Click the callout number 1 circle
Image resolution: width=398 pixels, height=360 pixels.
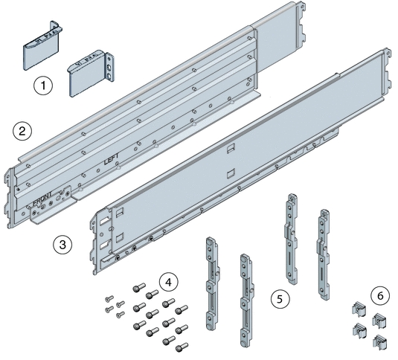tap(45, 86)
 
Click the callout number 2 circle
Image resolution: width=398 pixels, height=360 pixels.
tap(23, 132)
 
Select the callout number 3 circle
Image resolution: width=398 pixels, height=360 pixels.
tap(63, 243)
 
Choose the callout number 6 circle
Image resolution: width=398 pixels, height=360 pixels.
tap(380, 295)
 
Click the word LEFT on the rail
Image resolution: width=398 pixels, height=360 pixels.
tap(111, 159)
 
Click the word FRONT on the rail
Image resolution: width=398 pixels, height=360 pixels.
tap(46, 199)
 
